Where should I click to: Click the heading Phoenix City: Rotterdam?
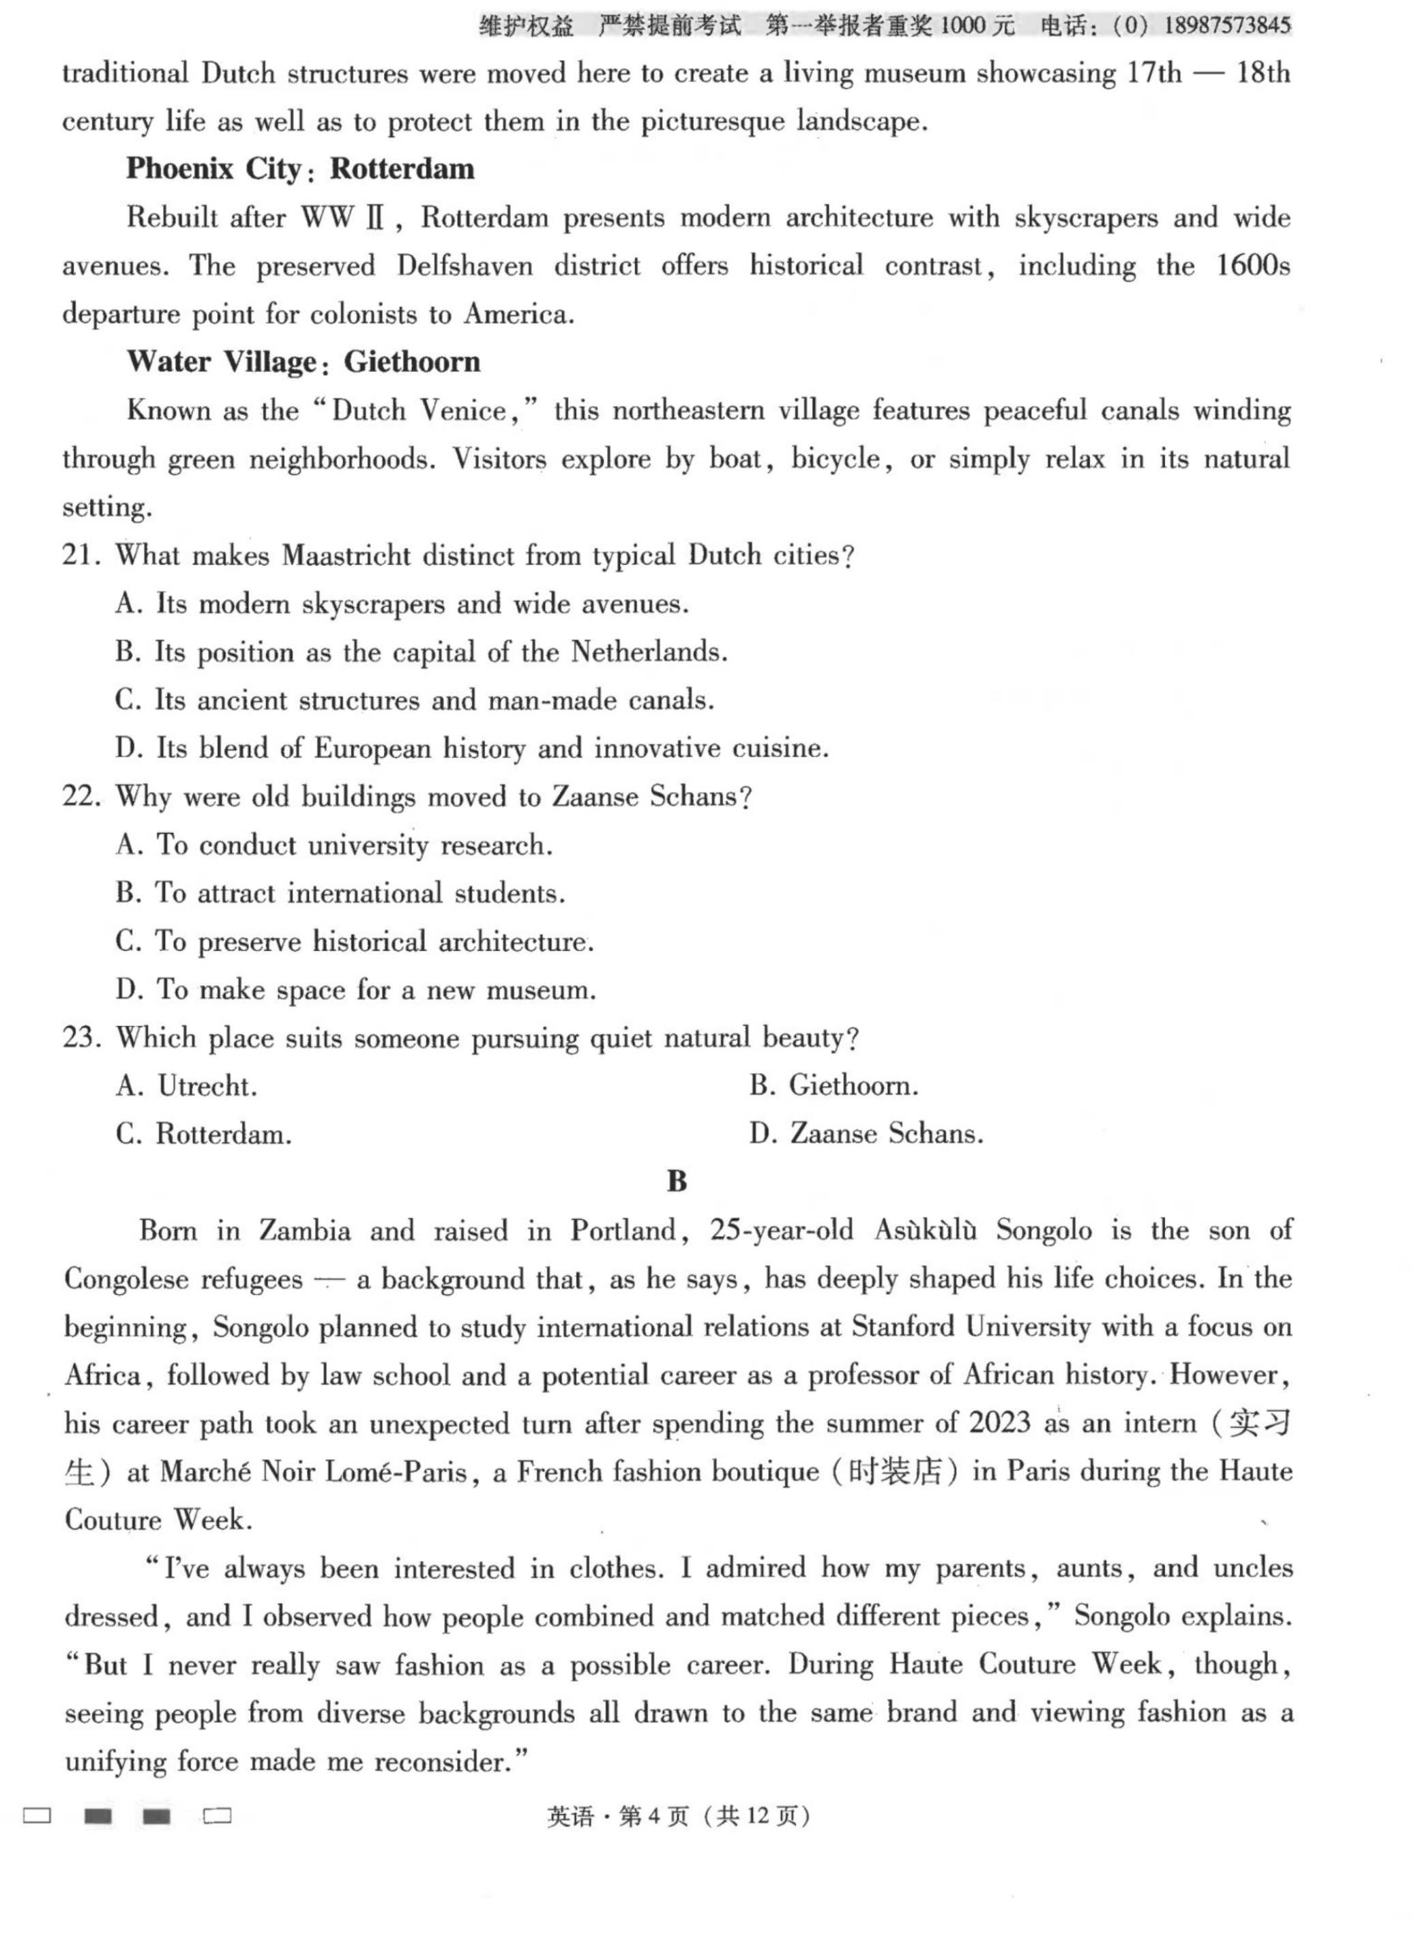point(300,169)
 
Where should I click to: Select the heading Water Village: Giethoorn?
point(304,362)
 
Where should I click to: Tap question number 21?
point(81,555)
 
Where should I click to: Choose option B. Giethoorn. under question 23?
point(833,1086)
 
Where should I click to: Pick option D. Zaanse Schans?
point(866,1134)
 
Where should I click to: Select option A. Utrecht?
point(186,1087)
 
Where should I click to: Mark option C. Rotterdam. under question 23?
point(204,1135)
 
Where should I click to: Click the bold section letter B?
point(677,1182)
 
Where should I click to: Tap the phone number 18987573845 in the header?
point(1226,26)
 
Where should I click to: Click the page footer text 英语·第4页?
point(617,1816)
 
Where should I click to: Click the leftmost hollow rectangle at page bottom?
point(37,1816)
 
